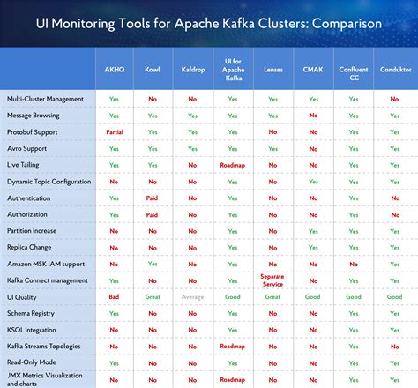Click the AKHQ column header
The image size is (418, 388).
point(115,68)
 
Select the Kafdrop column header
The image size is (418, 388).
point(192,68)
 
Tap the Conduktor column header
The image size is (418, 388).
point(394,68)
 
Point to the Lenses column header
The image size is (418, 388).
point(272,68)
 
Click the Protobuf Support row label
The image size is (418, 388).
point(34,131)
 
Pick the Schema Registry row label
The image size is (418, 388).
point(29,313)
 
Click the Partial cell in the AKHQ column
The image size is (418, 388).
point(115,131)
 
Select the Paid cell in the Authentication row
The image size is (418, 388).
point(152,198)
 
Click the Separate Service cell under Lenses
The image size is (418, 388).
point(272,280)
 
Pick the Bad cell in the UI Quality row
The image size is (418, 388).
point(115,297)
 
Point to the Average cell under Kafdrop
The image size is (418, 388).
point(192,297)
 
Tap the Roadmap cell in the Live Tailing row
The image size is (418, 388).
point(233,164)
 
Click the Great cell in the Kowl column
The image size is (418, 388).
point(152,297)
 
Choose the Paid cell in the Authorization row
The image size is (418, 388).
point(152,214)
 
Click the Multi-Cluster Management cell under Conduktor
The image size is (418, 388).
point(394,99)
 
